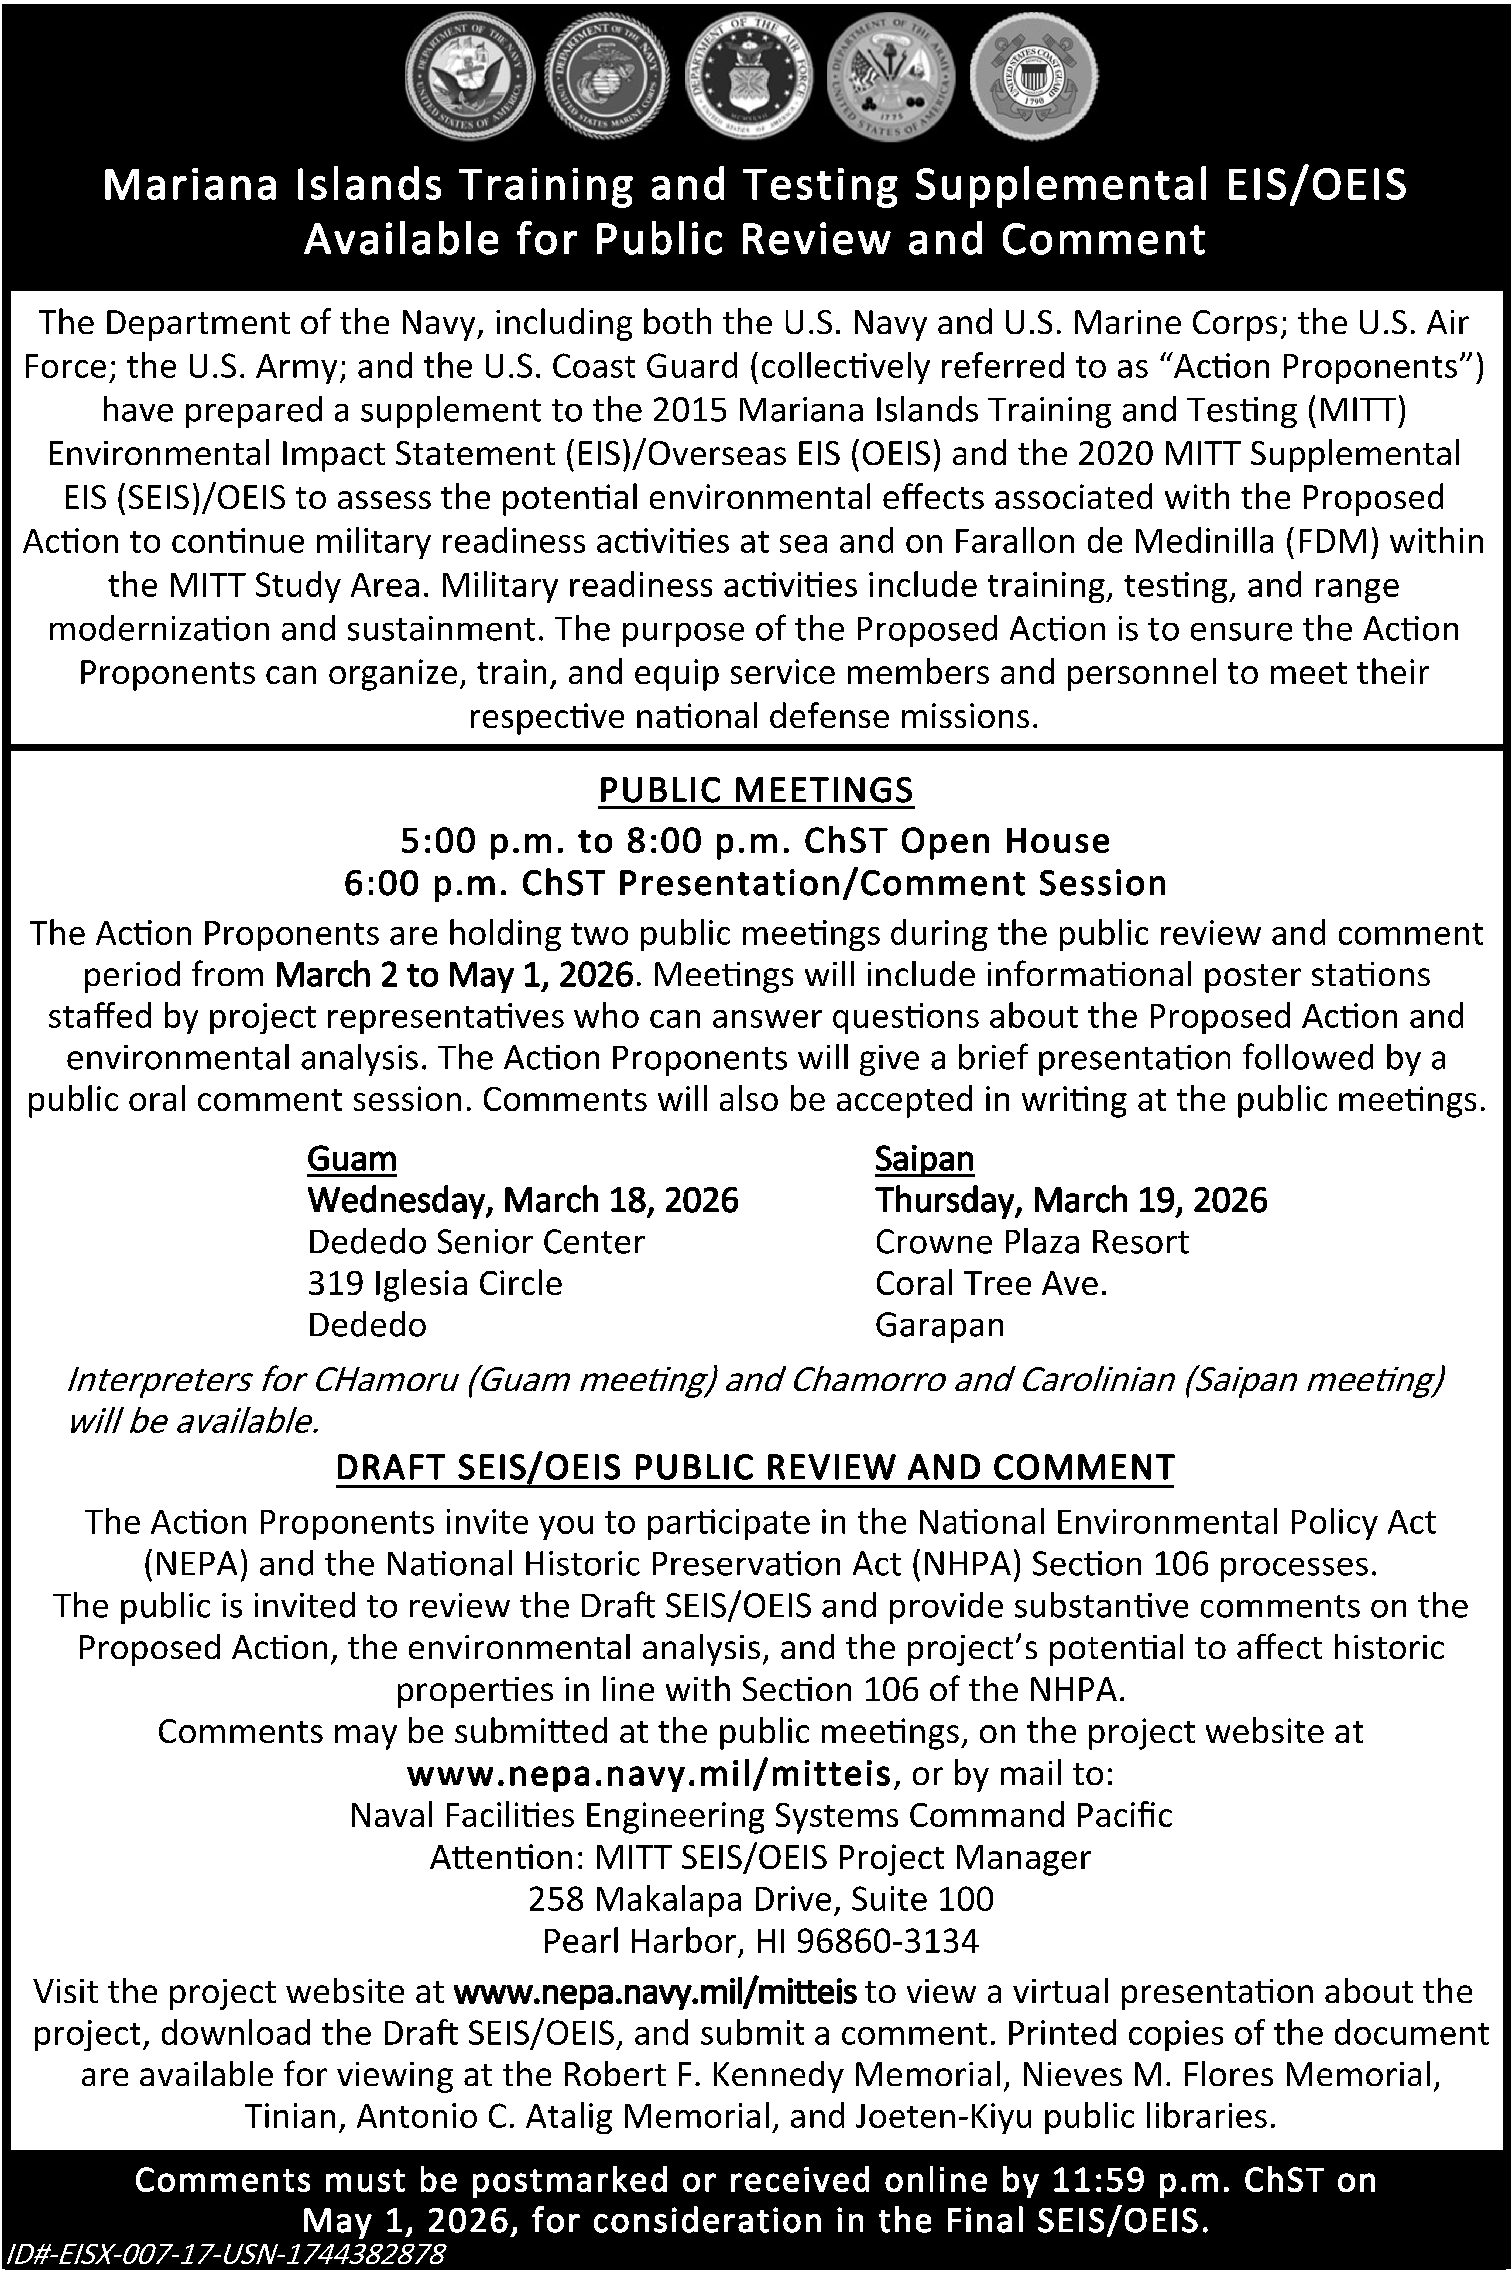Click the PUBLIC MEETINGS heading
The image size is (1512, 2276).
pos(756,790)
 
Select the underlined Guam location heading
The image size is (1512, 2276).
pos(352,1159)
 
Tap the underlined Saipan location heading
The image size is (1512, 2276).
pos(924,1159)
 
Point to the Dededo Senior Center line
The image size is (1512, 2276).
pos(475,1243)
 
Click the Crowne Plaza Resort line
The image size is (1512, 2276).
pos(1031,1243)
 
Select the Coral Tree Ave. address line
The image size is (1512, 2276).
pos(990,1284)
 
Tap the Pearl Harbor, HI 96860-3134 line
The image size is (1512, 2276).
pos(760,1941)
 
